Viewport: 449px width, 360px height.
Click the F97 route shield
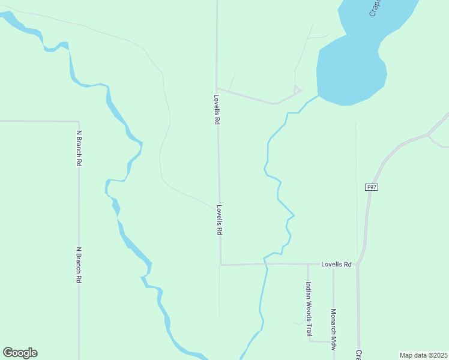coord(372,188)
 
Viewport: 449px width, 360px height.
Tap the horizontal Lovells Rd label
coord(336,264)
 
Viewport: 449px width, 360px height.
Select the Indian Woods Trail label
coord(309,309)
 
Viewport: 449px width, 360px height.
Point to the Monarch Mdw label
coord(333,326)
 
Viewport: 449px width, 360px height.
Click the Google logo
coord(20,353)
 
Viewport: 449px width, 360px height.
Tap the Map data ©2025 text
coord(423,355)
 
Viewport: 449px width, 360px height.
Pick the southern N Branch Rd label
coord(79,265)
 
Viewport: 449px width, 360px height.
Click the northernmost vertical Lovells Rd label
coord(217,109)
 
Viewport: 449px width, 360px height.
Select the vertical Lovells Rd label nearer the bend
coord(220,220)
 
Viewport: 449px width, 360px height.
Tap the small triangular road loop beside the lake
coord(297,91)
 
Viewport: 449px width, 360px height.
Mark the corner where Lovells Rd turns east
coord(221,264)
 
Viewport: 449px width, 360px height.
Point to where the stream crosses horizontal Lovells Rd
coord(265,263)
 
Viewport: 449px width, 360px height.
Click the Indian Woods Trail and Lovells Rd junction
coord(308,264)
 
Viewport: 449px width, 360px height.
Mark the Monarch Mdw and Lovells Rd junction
coord(333,264)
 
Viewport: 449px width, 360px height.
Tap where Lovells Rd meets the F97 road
coord(358,263)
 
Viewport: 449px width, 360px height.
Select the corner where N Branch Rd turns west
coord(79,121)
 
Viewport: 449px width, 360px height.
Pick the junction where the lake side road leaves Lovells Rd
coord(217,89)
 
